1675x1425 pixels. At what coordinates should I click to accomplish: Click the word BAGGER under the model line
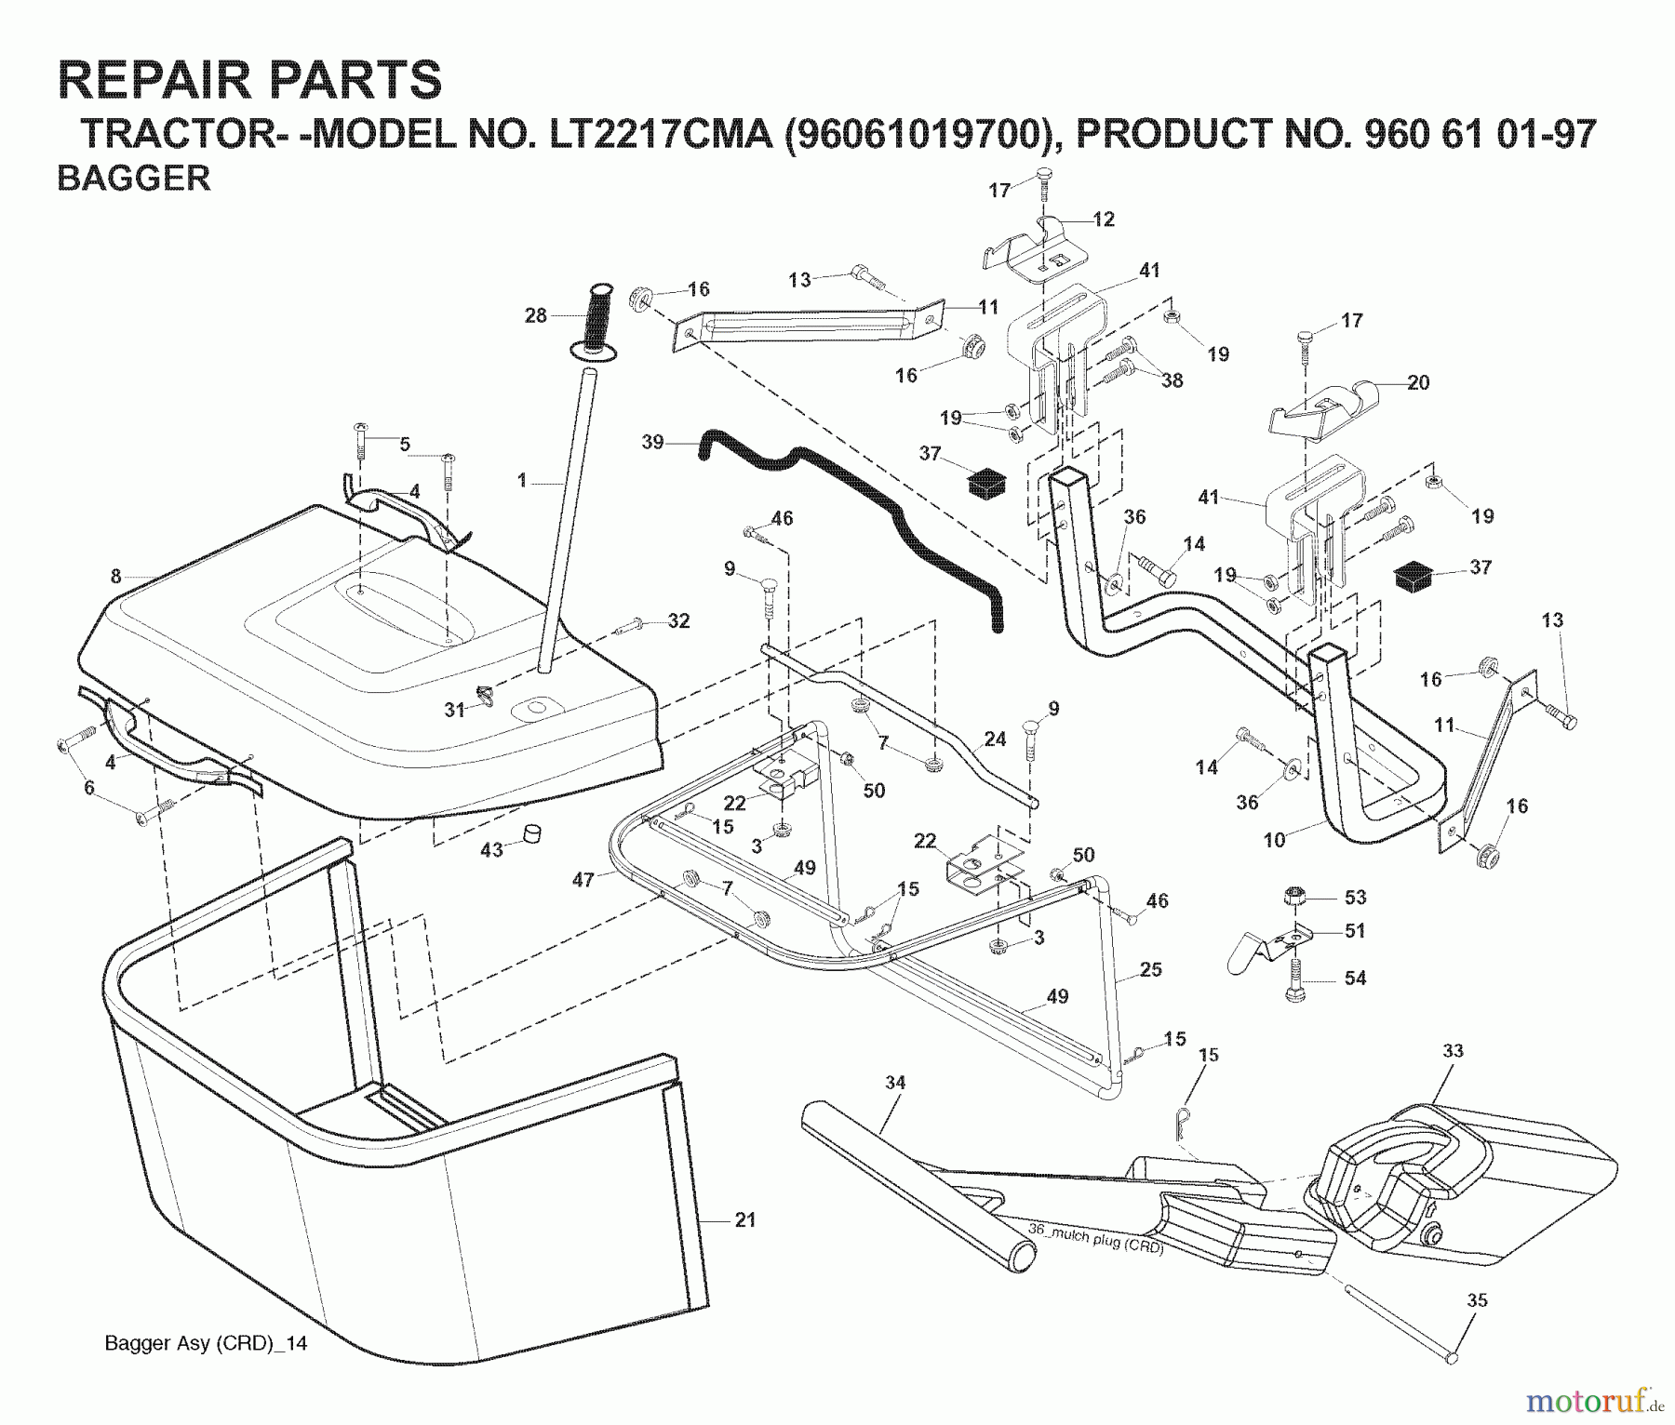134,178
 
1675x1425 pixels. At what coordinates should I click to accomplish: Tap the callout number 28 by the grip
536,315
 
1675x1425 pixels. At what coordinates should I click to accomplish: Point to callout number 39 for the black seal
653,442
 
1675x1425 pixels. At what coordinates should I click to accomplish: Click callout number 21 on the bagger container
745,1219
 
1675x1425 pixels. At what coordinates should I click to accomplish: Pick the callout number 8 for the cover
115,577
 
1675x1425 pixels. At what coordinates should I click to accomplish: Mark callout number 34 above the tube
895,1082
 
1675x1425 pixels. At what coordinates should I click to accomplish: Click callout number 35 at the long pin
1477,1300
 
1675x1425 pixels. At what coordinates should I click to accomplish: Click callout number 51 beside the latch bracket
1356,930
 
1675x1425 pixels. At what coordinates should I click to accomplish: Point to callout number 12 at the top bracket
1104,220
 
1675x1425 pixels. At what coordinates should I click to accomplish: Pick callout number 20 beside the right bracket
1418,382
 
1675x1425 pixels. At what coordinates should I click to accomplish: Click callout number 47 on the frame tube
583,879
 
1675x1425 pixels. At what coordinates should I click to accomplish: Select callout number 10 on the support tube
1274,840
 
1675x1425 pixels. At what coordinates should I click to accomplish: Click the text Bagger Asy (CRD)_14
206,1343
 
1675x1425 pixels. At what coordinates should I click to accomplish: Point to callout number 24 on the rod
995,739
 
